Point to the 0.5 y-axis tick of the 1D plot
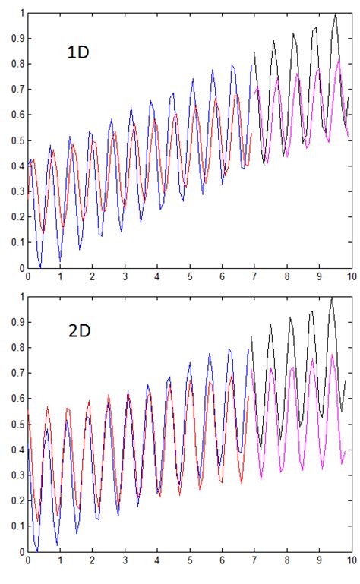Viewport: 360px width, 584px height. tap(15, 140)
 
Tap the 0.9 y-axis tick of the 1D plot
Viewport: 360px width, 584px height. tap(15, 39)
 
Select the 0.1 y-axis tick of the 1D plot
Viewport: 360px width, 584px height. tap(15, 242)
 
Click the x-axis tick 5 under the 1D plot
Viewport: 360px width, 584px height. tap(189, 277)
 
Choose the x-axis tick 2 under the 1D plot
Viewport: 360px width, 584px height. tap(92, 277)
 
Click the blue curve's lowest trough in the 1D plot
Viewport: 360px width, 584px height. tap(39, 267)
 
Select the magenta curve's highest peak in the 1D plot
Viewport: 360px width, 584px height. tap(338, 59)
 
